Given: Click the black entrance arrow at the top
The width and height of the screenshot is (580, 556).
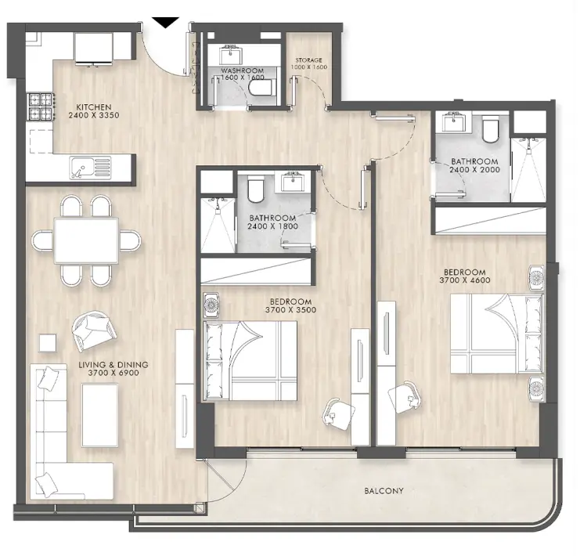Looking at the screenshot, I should pos(165,22).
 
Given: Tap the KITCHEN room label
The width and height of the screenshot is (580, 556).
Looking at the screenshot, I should pos(93,107).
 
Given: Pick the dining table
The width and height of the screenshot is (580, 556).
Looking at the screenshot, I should pos(86,240).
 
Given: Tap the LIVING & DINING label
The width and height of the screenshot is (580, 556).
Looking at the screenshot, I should pos(113,365).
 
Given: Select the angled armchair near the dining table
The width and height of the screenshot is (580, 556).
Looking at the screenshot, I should pos(92,330).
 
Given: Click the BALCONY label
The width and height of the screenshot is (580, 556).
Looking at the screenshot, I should pos(384,492).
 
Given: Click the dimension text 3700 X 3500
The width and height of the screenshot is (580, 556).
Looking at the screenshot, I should pos(290,311).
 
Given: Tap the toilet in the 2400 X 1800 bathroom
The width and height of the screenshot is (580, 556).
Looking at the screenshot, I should pos(254,189).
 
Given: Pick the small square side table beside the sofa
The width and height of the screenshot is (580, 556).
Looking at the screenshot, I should pos(48,342).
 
